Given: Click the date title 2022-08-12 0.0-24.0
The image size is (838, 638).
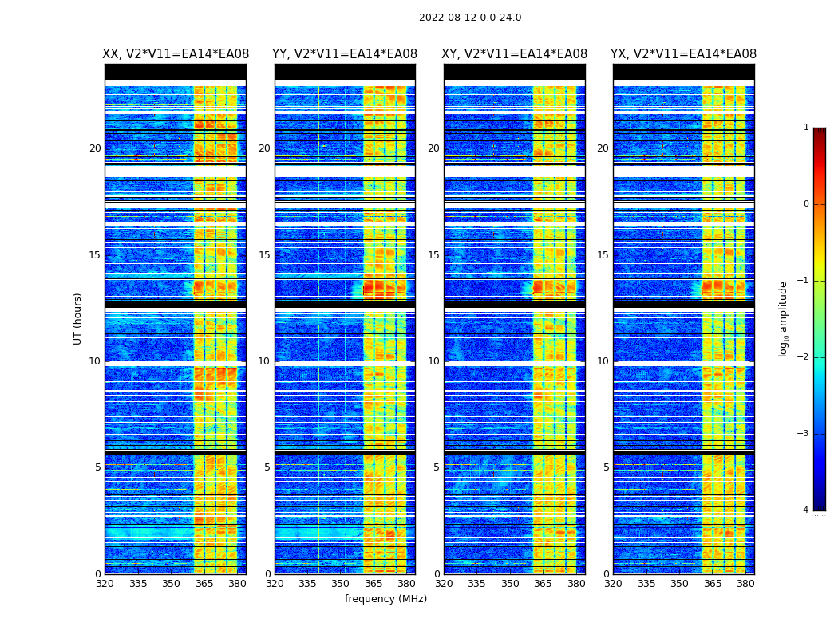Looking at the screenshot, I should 470,18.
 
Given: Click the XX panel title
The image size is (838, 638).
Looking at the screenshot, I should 176,54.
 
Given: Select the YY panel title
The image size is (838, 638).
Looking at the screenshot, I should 345,54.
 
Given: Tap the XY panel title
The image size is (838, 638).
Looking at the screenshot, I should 515,54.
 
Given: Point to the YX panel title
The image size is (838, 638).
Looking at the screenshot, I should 683,54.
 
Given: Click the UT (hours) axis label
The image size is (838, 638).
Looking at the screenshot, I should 78,318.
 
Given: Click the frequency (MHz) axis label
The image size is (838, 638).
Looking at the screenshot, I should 385,599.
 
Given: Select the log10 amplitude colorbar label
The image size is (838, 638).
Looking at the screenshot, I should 784,318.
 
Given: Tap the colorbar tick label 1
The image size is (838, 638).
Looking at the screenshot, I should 806,128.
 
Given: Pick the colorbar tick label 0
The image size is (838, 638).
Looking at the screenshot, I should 806,204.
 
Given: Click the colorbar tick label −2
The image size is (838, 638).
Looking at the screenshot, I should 804,357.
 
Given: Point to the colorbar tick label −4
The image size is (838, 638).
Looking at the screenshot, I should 804,510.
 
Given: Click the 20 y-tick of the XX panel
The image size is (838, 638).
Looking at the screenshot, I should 95,148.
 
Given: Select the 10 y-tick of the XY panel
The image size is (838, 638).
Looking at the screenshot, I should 433,361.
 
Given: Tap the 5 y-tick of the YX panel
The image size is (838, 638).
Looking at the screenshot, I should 606,467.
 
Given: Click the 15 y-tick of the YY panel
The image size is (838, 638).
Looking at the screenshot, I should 264,255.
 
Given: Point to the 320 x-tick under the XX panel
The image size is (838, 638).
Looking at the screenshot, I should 105,584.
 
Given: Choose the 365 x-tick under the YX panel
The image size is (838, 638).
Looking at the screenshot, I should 713,584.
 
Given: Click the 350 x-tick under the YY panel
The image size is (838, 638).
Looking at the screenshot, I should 341,584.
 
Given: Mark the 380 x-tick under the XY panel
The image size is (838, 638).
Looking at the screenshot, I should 576,584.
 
